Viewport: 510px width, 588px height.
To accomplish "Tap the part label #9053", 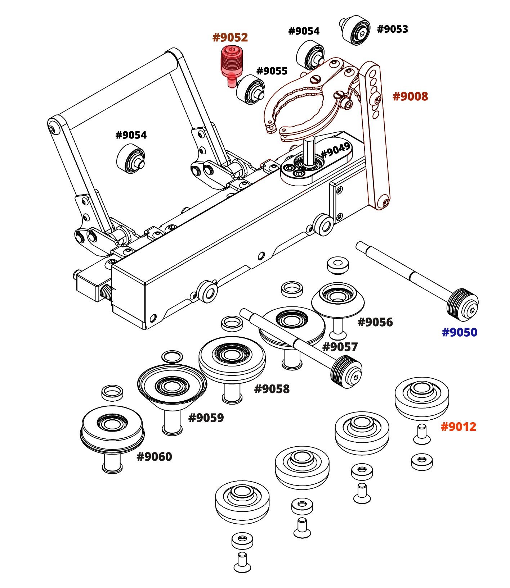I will click(392, 29).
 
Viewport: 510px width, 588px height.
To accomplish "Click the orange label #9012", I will click(458, 427).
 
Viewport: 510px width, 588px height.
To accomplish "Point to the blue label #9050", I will click(459, 332).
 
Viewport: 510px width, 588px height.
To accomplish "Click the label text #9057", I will click(340, 347).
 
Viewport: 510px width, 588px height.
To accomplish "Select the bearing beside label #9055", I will click(251, 90).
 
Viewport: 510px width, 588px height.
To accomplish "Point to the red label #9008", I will click(410, 96).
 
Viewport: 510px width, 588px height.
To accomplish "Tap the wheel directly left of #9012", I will click(362, 433).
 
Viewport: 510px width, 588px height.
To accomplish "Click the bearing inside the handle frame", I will click(131, 159).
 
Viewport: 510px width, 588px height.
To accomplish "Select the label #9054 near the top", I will click(304, 31).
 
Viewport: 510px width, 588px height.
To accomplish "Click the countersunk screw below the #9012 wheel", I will click(421, 434).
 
